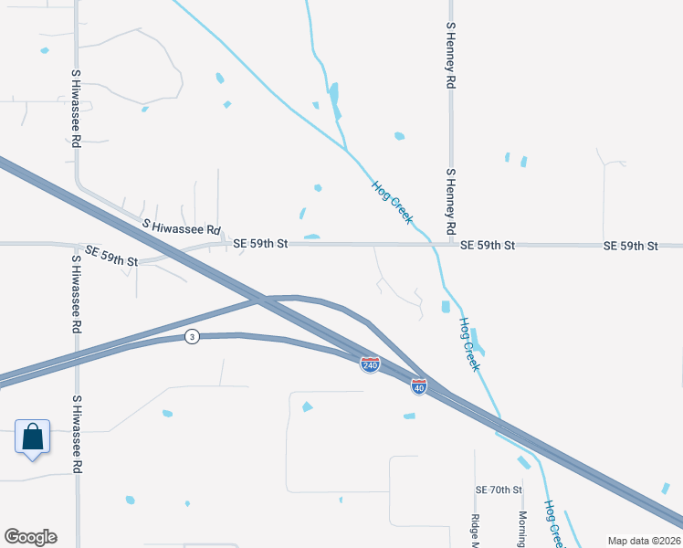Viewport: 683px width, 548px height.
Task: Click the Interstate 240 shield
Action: coord(370,364)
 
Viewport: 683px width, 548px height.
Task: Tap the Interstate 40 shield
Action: coord(419,387)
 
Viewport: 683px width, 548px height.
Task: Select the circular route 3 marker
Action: coord(191,336)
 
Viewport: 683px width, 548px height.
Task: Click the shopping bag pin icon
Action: coord(32,437)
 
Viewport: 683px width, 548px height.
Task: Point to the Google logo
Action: coord(30,537)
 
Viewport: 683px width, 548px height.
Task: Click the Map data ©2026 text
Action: coord(645,541)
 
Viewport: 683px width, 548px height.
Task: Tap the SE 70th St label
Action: coord(498,490)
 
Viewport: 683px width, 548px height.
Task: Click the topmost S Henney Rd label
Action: coord(450,55)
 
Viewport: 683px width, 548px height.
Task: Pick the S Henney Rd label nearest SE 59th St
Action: coord(450,199)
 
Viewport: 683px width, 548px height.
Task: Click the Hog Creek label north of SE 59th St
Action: coord(393,203)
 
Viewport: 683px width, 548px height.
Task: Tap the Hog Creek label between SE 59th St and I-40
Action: coord(469,344)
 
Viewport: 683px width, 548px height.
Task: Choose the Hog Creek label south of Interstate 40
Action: coord(555,523)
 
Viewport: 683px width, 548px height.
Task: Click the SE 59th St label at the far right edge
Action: coord(631,246)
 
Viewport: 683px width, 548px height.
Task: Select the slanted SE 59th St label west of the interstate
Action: coord(111,256)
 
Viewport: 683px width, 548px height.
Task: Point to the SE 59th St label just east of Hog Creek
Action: coord(489,246)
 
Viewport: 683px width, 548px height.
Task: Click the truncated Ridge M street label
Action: coord(475,531)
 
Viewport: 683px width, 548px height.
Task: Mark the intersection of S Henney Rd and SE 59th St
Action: coord(450,245)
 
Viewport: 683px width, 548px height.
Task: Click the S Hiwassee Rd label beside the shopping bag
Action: coord(77,435)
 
